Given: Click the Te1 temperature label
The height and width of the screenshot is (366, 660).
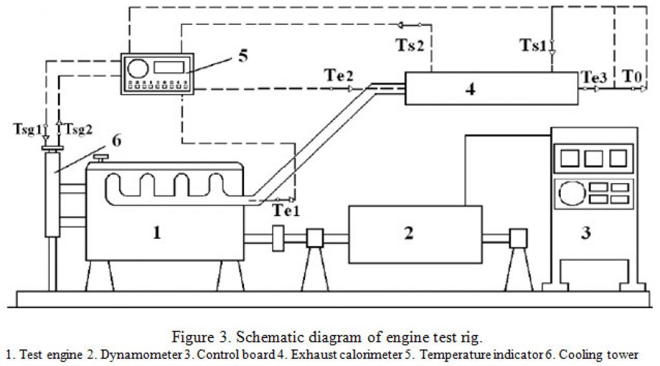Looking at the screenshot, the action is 286,210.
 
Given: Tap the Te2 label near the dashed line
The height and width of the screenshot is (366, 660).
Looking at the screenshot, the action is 339,76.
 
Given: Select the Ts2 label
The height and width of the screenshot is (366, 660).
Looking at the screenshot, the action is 409,44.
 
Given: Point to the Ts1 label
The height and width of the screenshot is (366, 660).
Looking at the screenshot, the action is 533,44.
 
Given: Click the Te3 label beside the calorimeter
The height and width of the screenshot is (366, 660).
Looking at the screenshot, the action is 595,77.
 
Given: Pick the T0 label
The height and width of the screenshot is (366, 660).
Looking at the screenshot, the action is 632,77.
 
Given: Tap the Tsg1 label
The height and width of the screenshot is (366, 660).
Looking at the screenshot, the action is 28,129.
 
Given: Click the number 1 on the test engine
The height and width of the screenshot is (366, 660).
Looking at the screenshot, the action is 157,232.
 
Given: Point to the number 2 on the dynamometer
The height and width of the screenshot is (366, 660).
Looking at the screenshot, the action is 409,233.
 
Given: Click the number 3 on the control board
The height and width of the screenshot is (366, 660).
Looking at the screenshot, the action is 586,232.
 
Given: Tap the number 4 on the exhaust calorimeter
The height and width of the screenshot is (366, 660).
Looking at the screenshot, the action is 471,89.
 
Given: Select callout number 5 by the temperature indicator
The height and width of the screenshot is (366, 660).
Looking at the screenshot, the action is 244,55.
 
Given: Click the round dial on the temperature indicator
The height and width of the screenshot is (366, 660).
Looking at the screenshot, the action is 138,69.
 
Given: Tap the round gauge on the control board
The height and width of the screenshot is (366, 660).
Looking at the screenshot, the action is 572,193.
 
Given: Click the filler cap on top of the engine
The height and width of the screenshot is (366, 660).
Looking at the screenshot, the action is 101,159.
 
